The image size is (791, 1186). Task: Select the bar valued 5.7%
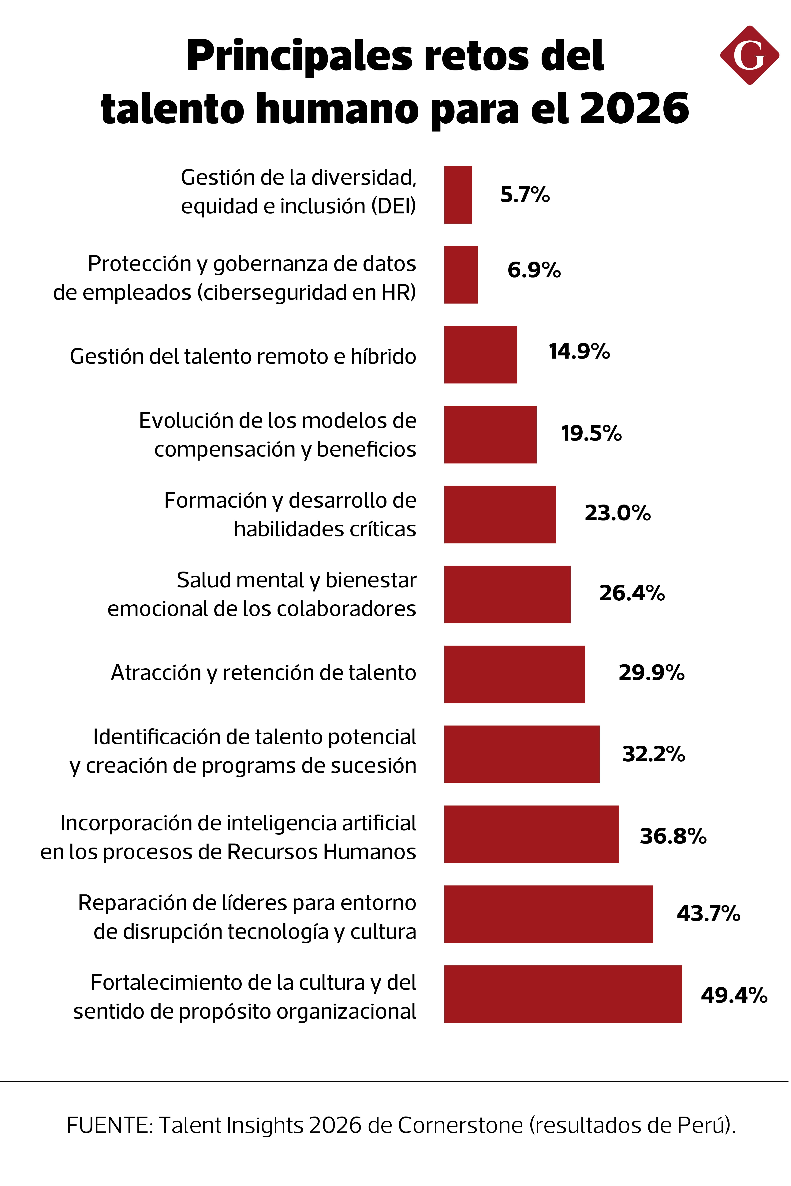click(458, 195)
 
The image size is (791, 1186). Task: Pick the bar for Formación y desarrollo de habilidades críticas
click(500, 515)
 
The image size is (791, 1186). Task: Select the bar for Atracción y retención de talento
click(515, 674)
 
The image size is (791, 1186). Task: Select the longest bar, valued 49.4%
click(563, 994)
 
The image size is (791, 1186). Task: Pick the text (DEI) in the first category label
click(394, 206)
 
